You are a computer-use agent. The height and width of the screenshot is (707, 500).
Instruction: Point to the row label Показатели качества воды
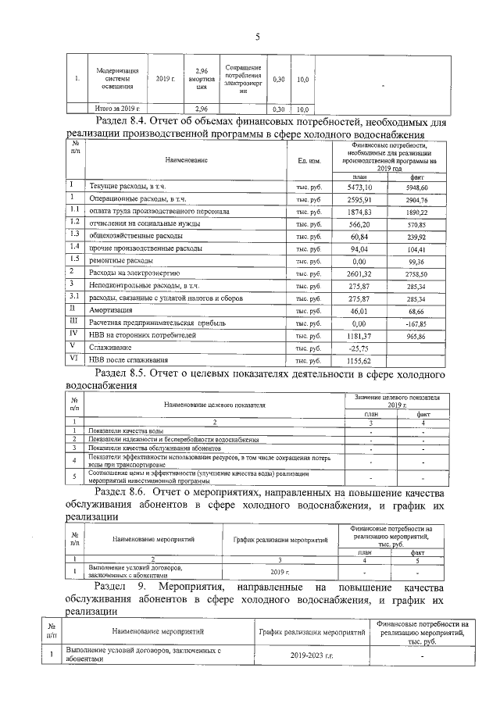[x=127, y=430]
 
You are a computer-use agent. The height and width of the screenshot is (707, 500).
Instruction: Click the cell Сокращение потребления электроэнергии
[x=243, y=76]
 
